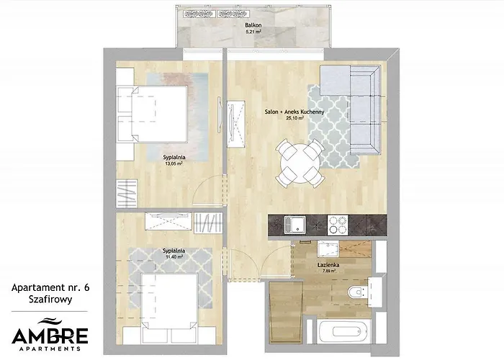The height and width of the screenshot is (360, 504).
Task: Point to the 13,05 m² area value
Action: coord(174,163)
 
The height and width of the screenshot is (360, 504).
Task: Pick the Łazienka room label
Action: coord(328,265)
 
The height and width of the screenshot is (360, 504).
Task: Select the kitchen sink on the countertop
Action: coord(294,226)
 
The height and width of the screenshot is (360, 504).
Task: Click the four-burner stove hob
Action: coord(337,226)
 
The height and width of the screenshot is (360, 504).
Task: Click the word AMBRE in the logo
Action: coord(50,335)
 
